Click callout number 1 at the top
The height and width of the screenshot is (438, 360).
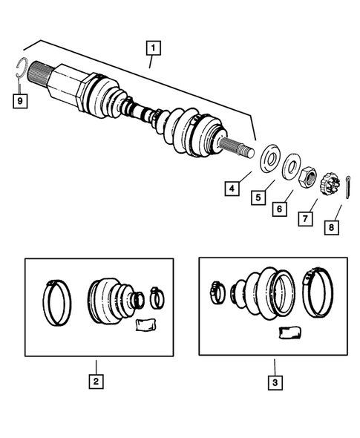click(x=153, y=50)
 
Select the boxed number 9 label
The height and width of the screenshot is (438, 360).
click(x=20, y=99)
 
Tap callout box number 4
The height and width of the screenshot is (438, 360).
click(x=232, y=189)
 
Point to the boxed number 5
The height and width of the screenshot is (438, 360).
click(x=258, y=199)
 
